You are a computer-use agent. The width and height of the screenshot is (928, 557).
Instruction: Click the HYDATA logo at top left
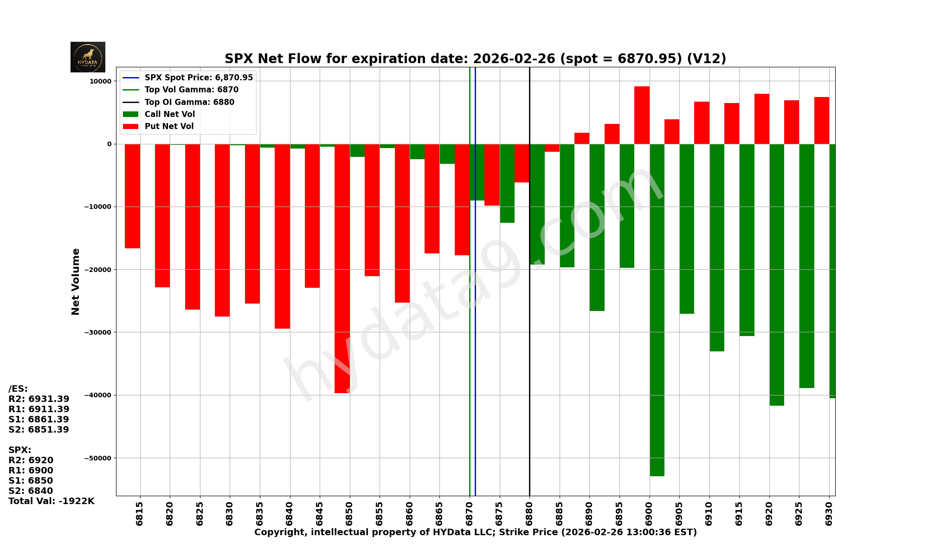[x=88, y=57]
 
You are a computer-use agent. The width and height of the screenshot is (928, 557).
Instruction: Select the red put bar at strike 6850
[x=342, y=268]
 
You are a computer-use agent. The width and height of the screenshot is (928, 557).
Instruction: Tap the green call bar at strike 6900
[x=657, y=310]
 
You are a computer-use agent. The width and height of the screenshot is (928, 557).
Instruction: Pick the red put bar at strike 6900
[x=642, y=115]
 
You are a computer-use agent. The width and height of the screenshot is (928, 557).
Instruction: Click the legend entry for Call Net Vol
[x=169, y=114]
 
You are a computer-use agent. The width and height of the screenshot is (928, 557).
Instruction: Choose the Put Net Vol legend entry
[x=169, y=126]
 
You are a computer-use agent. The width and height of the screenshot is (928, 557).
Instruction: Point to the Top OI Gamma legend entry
[x=189, y=102]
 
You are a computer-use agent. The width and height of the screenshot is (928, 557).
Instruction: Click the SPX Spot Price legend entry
[x=198, y=78]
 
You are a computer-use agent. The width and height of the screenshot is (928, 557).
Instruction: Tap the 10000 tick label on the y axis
[x=100, y=81]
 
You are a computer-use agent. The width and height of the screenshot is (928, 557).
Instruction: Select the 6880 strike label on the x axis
[x=529, y=513]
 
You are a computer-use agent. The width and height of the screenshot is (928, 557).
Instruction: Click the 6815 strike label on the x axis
[x=140, y=513]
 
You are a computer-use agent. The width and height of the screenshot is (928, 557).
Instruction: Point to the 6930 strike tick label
[x=829, y=513]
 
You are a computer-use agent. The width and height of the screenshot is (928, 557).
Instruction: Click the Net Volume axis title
[x=76, y=281]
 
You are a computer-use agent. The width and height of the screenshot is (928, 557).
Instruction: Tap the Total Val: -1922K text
[x=51, y=501]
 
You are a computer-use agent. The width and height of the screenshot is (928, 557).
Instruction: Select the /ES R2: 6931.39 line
[x=39, y=399]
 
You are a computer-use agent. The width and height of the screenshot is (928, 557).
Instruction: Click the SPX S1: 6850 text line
[x=31, y=481]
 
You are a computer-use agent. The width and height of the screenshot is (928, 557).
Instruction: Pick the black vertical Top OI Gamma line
[x=529, y=325]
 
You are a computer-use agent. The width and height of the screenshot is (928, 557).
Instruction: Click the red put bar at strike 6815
[x=132, y=196]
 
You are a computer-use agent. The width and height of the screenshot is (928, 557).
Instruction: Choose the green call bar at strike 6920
[x=777, y=275]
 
